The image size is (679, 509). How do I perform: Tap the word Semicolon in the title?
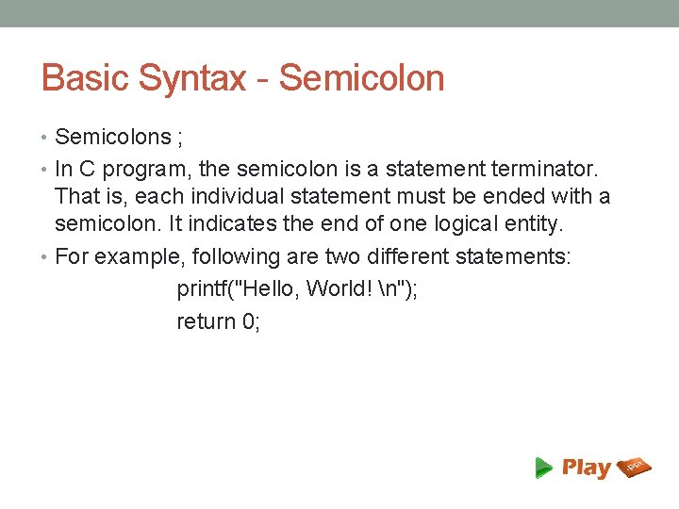[361, 78]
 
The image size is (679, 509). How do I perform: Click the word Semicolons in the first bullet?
[112, 138]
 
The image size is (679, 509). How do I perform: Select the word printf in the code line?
[204, 288]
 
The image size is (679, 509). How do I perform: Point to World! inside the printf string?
[338, 288]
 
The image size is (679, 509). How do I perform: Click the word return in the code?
[207, 321]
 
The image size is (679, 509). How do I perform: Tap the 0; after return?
[251, 321]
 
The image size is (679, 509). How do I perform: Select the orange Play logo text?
[586, 468]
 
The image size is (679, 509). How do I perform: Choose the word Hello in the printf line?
[268, 288]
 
